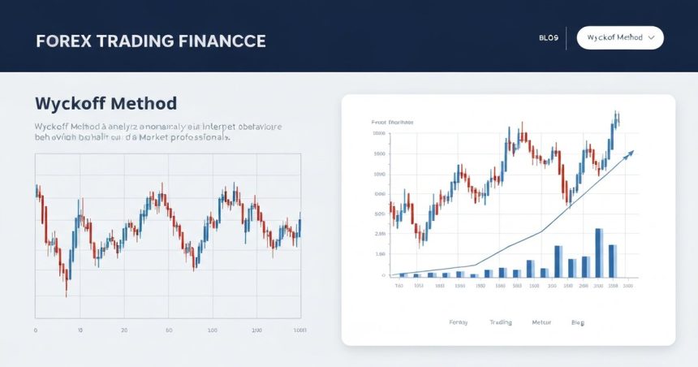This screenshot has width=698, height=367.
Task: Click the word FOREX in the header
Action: click(x=62, y=41)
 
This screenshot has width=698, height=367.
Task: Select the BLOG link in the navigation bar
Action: click(x=548, y=38)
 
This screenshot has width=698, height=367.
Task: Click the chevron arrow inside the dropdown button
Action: click(x=651, y=38)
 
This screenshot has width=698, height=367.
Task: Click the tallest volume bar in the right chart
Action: click(x=599, y=253)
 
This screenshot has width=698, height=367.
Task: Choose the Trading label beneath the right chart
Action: click(x=501, y=322)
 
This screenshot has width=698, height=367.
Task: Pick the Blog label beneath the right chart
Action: click(x=577, y=322)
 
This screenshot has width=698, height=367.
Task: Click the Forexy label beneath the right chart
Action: click(x=459, y=322)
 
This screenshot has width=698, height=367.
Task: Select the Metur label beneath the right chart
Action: click(x=541, y=322)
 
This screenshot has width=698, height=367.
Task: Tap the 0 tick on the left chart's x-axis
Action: click(x=36, y=330)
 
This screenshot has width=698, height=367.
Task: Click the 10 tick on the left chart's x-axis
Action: click(x=80, y=330)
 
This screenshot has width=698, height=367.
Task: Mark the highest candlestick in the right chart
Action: click(x=617, y=120)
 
